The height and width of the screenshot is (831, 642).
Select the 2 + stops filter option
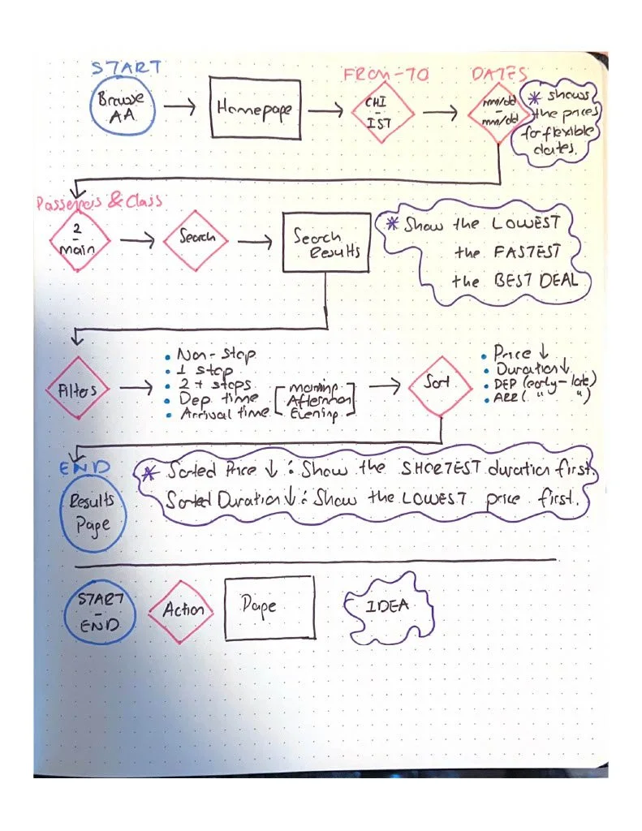point(215,384)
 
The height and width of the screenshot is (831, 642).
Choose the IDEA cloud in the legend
point(387,607)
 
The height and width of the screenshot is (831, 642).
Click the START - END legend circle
point(101,610)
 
